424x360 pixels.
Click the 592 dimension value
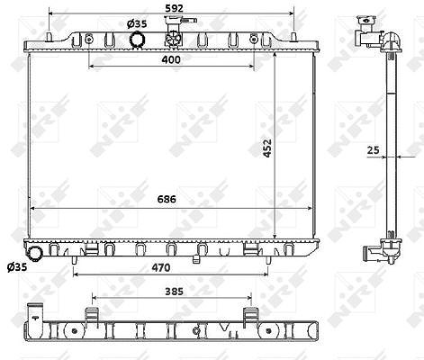pos(174,8)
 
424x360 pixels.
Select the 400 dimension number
pos(171,59)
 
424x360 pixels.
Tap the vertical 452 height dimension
pos(267,148)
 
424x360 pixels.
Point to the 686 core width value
pos(167,199)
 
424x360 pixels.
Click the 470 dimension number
pos(161,267)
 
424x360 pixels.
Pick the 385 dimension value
pos(174,292)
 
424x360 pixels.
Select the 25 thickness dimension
pos(374,150)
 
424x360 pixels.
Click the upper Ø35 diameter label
pos(137,23)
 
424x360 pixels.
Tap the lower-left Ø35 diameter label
pos(17,266)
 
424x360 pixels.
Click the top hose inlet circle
pos(137,40)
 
